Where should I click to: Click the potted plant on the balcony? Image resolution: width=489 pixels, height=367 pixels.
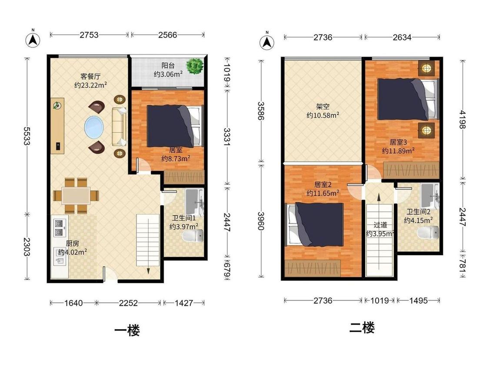(195, 66)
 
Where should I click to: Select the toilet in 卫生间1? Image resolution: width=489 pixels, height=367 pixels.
(194, 236)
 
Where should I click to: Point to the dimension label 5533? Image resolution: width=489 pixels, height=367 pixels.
(27, 136)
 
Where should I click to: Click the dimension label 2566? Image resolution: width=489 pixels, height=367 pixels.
(167, 35)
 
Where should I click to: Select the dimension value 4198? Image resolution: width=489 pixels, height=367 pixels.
(462, 120)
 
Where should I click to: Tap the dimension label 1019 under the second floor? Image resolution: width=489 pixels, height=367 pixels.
(379, 300)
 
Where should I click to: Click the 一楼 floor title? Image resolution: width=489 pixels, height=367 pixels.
(127, 330)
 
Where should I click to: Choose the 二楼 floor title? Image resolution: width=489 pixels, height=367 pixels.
(362, 328)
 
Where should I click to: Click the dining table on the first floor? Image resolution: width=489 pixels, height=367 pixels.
(76, 196)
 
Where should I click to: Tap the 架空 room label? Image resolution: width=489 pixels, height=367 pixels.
(323, 107)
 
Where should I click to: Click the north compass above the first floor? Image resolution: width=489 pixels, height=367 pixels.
(33, 39)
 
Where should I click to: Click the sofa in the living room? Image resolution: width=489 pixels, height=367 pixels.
(119, 127)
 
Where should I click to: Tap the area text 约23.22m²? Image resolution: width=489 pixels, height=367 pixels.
(90, 85)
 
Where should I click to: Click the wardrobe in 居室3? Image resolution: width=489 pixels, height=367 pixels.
(411, 170)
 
